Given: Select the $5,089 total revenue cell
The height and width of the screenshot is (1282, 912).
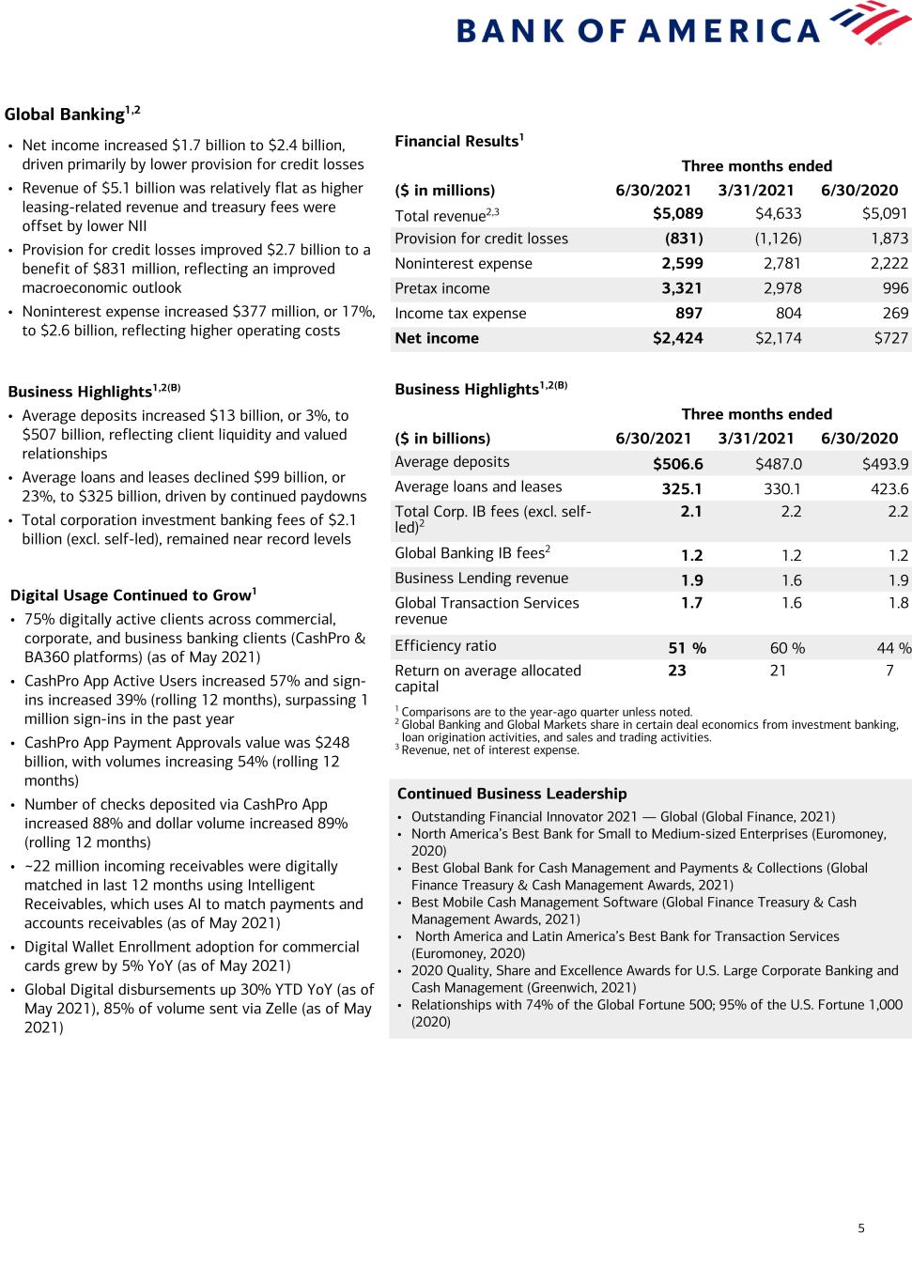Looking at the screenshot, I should [x=677, y=214].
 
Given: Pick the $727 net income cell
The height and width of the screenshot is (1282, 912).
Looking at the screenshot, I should [x=890, y=338].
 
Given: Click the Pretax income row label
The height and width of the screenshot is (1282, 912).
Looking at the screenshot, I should [x=441, y=288].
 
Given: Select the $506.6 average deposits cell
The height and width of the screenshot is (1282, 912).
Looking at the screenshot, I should [x=677, y=464].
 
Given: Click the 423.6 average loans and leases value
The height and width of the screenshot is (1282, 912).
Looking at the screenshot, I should [x=888, y=488].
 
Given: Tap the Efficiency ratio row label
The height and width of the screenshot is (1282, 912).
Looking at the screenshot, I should [x=445, y=646].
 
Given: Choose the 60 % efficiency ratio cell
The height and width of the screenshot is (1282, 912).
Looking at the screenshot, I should [x=786, y=648].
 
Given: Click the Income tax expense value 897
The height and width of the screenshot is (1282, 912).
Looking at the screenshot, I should [x=689, y=314].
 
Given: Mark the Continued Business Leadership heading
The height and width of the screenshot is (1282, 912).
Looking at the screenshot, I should [x=512, y=794].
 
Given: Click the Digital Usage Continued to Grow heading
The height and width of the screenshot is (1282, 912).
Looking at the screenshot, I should [x=132, y=595].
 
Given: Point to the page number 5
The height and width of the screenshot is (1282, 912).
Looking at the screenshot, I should [x=861, y=1228].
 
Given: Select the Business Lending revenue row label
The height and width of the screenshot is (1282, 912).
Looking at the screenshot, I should [x=481, y=579].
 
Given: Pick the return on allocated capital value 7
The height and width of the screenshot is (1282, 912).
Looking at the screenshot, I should [x=889, y=672].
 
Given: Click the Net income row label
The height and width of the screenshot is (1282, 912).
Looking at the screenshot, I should [x=437, y=338].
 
